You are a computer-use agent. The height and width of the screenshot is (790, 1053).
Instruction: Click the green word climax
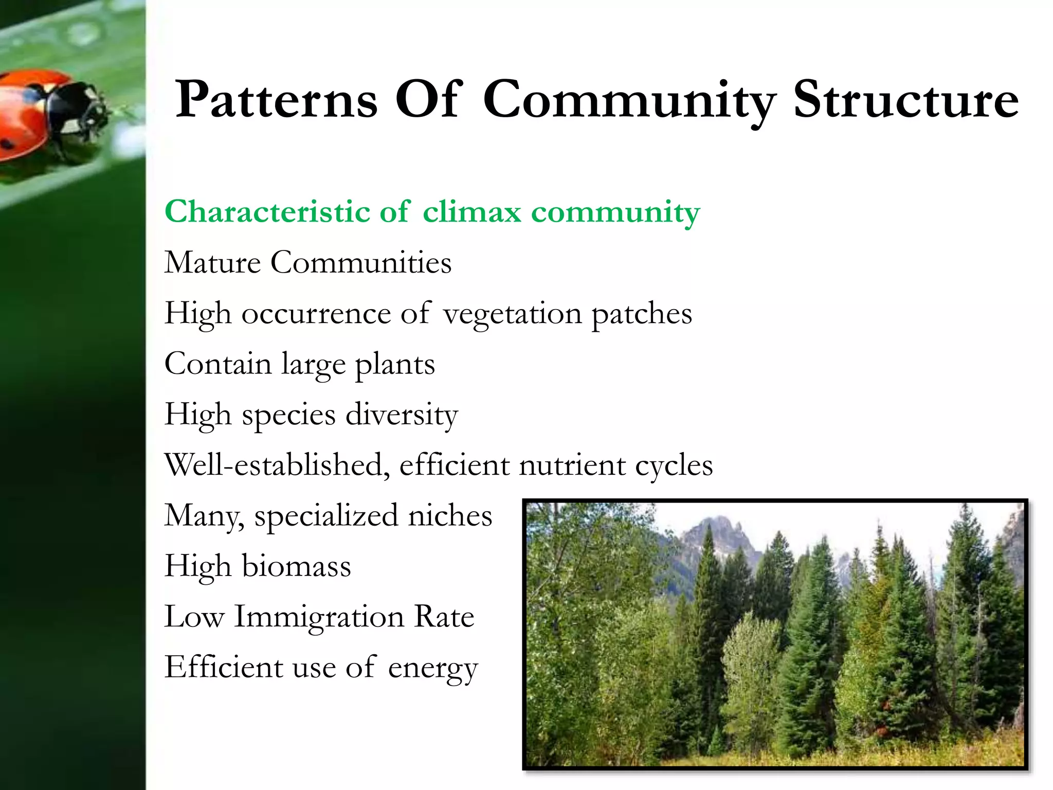471,212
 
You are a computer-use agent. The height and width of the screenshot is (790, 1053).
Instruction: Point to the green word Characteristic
267,212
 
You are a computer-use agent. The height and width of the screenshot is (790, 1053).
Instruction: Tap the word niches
450,516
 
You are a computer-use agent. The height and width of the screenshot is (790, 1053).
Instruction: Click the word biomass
296,566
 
